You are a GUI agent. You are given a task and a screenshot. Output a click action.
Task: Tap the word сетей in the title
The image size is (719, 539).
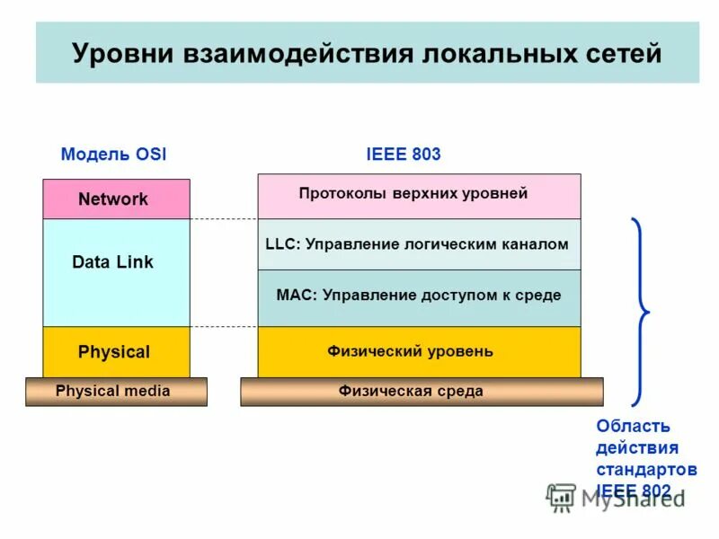620,53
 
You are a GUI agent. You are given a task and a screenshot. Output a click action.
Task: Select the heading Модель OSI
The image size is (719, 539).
113,155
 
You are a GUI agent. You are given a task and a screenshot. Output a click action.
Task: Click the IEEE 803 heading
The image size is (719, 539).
404,155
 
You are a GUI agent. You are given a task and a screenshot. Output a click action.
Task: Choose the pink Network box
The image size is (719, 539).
116,199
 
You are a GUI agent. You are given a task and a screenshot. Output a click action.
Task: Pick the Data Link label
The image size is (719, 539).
112,262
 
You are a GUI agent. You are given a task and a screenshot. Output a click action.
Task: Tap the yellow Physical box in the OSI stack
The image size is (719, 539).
116,352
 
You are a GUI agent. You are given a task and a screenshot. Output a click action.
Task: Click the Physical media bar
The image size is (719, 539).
116,392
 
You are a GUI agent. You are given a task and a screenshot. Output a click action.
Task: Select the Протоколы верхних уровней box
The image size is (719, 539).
419,196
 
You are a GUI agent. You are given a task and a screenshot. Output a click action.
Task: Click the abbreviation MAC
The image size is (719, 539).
293,296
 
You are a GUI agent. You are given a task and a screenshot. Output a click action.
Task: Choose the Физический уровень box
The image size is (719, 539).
419,352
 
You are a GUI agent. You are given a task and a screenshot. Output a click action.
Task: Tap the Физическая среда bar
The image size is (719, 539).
422,392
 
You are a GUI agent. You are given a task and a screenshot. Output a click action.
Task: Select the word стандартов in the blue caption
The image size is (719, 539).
645,470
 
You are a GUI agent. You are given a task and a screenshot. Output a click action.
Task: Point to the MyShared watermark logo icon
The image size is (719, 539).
562,497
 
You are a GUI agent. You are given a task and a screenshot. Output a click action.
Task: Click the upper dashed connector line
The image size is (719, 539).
224,219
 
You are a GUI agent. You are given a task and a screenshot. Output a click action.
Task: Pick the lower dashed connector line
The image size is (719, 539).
224,327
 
